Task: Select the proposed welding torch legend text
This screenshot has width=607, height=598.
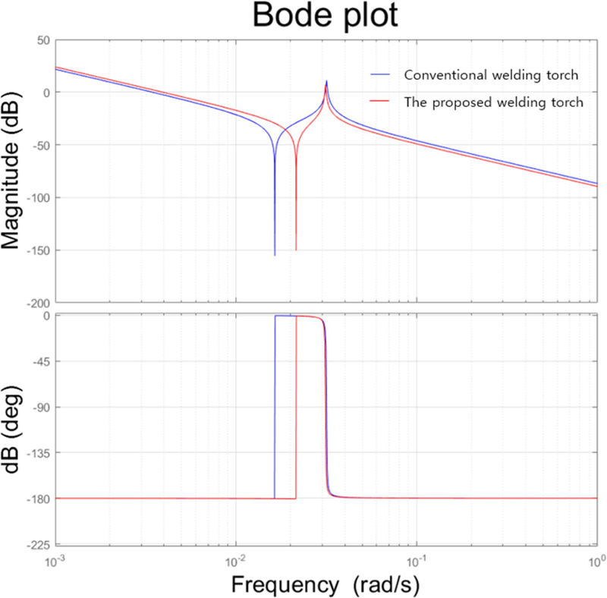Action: [494, 102]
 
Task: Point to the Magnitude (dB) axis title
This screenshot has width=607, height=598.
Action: [16, 172]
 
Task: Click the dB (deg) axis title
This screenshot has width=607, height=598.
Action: [16, 429]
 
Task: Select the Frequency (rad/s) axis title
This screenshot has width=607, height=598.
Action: [325, 584]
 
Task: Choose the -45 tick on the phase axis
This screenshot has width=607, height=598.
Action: [39, 361]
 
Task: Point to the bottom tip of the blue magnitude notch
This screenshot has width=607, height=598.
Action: [275, 255]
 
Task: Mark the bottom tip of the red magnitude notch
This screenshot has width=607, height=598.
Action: [296, 250]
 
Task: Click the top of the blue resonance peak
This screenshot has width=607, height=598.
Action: [327, 81]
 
